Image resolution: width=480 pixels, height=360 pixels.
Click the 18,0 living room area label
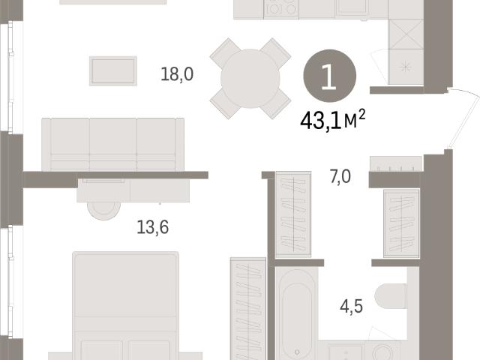[177, 74]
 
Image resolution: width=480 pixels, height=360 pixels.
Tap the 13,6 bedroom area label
[152, 227]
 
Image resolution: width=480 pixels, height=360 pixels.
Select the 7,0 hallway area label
[340, 177]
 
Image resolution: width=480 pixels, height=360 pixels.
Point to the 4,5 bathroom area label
[352, 307]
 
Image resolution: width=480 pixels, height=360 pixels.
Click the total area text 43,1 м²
[333, 120]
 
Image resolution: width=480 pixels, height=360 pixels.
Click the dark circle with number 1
[330, 76]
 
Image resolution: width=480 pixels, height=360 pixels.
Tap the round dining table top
[250, 79]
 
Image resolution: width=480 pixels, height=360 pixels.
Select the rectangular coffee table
[113, 71]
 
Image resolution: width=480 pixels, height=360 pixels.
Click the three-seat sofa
[113, 144]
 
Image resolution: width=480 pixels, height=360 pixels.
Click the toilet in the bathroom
[391, 296]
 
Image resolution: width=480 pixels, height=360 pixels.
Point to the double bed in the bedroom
[125, 305]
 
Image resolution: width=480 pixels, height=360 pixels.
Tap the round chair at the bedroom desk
[103, 211]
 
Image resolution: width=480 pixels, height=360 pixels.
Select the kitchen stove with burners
[281, 8]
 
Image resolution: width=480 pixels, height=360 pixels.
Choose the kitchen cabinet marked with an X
[406, 34]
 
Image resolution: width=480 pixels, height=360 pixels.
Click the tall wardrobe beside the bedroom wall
[248, 308]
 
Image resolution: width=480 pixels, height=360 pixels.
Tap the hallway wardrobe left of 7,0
[293, 214]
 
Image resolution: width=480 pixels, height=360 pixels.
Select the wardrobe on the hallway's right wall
[402, 223]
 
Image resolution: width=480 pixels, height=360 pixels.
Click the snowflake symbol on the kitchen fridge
[406, 66]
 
